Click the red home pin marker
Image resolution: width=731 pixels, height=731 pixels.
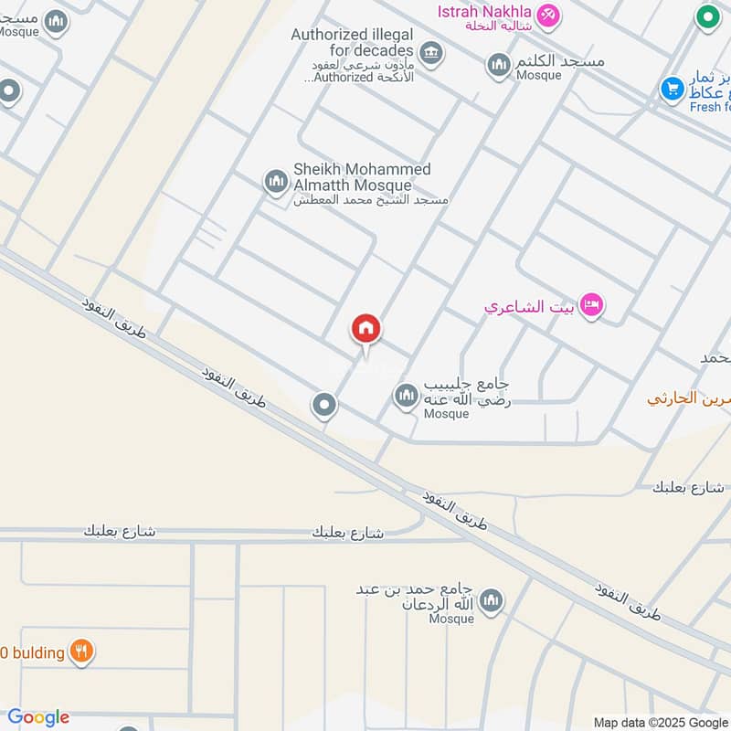(x=366, y=329)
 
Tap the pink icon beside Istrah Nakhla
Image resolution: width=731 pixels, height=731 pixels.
(x=548, y=14)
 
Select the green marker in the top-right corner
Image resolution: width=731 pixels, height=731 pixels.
(x=706, y=16)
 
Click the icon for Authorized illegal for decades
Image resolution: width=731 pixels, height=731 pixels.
(x=433, y=52)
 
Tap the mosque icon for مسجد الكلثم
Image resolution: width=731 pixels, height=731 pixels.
(x=498, y=65)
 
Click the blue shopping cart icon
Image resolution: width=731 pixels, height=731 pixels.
(x=673, y=89)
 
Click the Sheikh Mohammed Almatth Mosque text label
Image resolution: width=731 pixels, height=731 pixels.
(x=362, y=177)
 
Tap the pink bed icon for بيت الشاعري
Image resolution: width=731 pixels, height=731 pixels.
(x=592, y=305)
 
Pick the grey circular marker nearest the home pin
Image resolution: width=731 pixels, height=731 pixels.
(x=323, y=405)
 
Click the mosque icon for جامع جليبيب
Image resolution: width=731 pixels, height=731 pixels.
(x=406, y=397)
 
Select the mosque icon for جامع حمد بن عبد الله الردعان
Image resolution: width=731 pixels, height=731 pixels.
(x=492, y=600)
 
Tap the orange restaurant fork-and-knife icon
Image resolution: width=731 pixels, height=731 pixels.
(x=82, y=652)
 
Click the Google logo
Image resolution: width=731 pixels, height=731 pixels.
(x=38, y=717)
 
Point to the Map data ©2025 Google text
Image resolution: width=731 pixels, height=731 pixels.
(x=660, y=722)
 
